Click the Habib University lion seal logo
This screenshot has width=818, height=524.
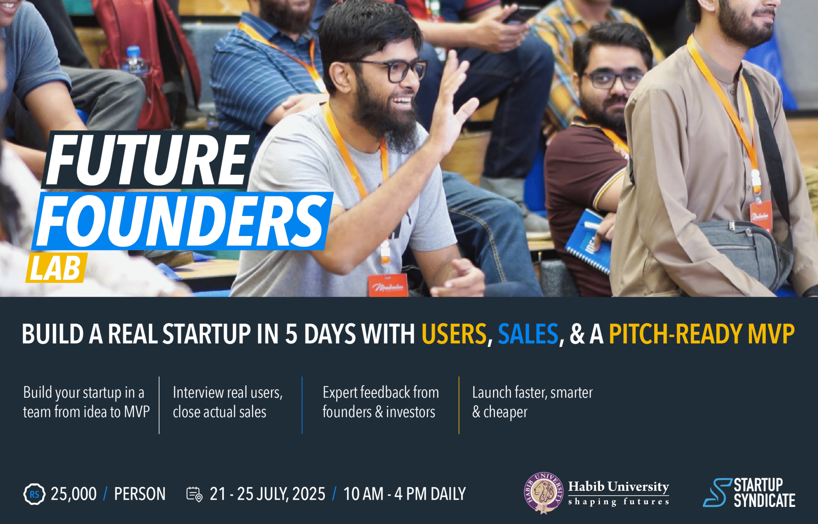[x=544, y=493]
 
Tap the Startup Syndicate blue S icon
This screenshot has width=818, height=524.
[x=717, y=493]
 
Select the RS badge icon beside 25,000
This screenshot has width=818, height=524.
[x=34, y=494]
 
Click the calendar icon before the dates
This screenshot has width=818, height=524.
[x=194, y=494]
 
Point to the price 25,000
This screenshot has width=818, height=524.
[x=73, y=494]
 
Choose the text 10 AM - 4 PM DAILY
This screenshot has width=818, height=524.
[x=404, y=494]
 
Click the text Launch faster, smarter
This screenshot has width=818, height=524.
[x=532, y=393]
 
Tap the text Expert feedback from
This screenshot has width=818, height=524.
[x=380, y=393]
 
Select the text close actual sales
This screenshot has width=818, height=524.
[x=219, y=412]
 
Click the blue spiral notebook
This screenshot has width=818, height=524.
[x=587, y=244]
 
